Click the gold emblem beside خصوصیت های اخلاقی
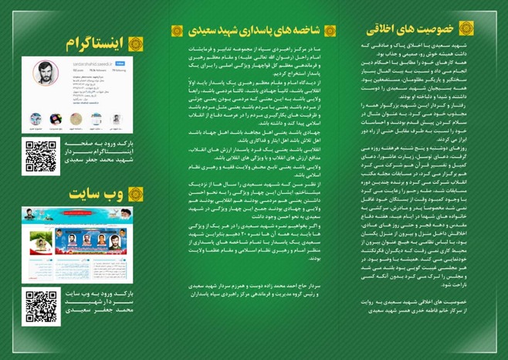(x=466, y=29)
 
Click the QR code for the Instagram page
(x=41, y=155)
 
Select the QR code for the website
(x=41, y=306)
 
